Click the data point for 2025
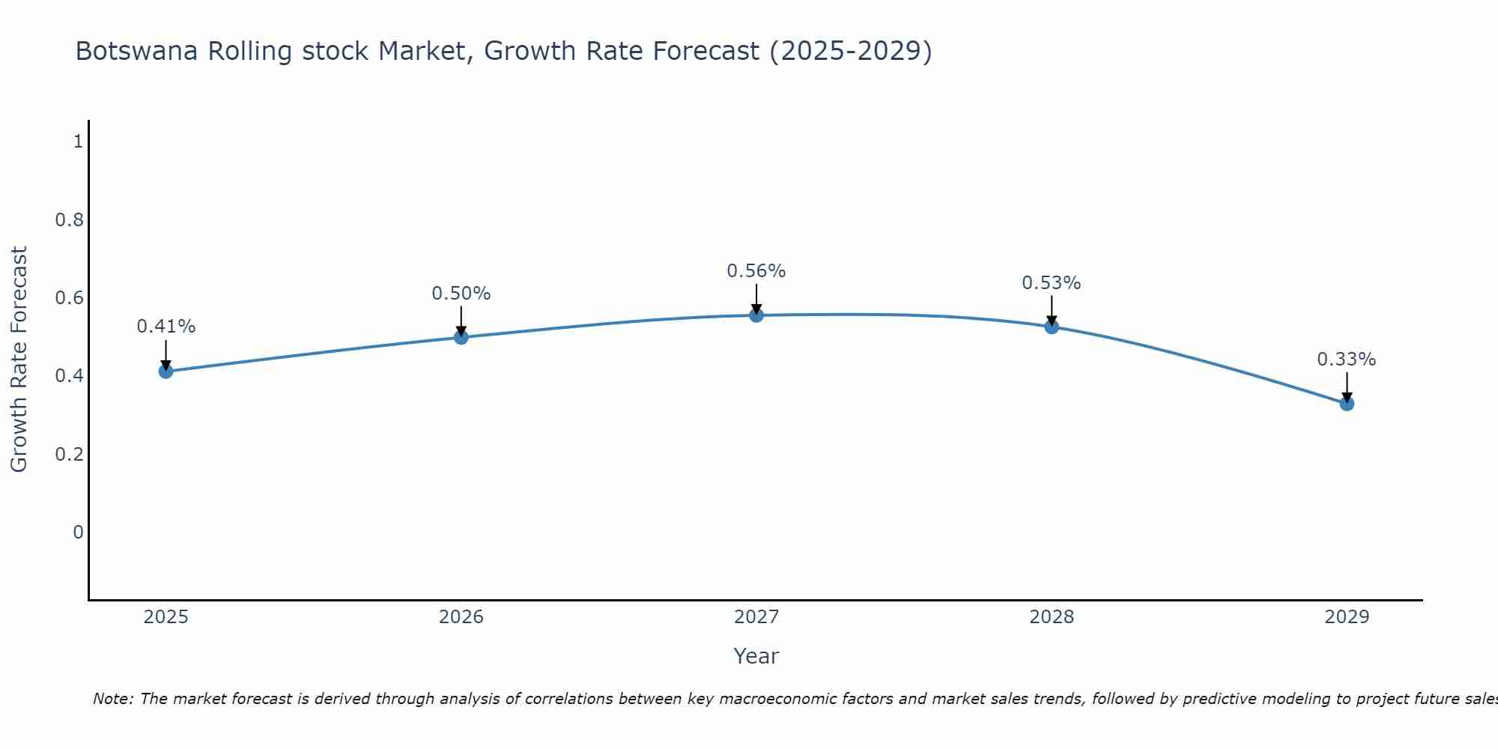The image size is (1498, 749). pyautogui.click(x=166, y=372)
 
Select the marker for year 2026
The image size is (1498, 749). pyautogui.click(x=461, y=337)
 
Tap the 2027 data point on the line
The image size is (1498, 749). pyautogui.click(x=756, y=315)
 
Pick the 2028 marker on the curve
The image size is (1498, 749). pyautogui.click(x=1052, y=327)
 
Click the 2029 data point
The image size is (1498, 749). pyautogui.click(x=1347, y=404)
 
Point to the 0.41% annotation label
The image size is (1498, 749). pyautogui.click(x=166, y=327)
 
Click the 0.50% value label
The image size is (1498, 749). pyautogui.click(x=461, y=294)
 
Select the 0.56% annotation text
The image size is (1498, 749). pyautogui.click(x=756, y=271)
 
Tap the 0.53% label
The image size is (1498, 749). pyautogui.click(x=1052, y=283)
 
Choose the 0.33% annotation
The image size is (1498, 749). pyautogui.click(x=1347, y=360)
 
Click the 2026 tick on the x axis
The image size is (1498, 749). pyautogui.click(x=461, y=617)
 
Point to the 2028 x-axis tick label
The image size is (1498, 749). pyautogui.click(x=1052, y=617)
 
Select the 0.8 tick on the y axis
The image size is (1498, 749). pyautogui.click(x=70, y=219)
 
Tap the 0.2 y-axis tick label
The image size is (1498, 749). pyautogui.click(x=70, y=454)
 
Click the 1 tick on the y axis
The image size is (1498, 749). pyautogui.click(x=78, y=141)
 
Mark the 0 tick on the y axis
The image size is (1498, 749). pyautogui.click(x=78, y=532)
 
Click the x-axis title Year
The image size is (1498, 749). pyautogui.click(x=756, y=656)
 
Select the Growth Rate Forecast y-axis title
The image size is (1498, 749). pyautogui.click(x=19, y=360)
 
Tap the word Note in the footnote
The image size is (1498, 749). pyautogui.click(x=112, y=699)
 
